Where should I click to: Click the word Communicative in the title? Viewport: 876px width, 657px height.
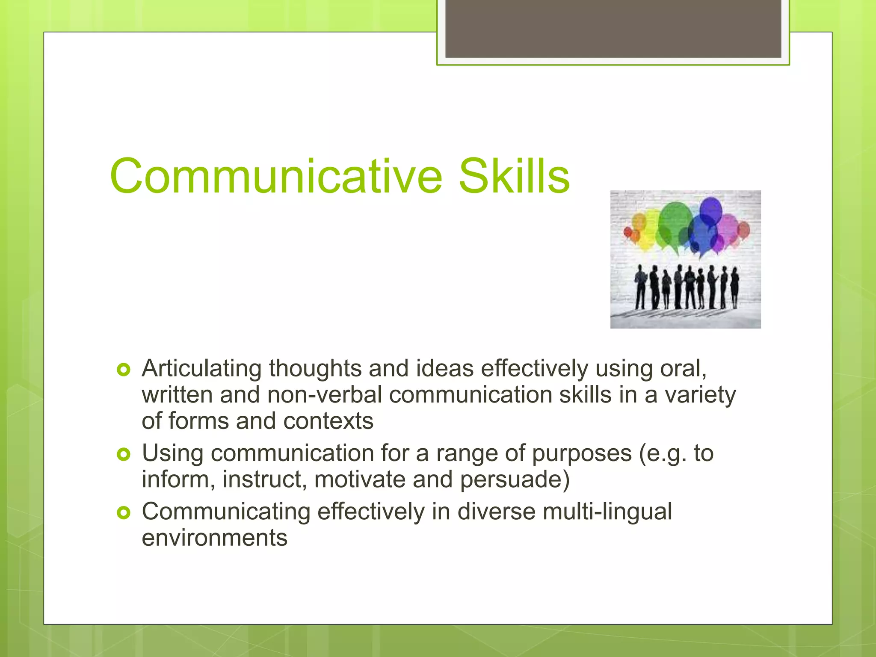[276, 177]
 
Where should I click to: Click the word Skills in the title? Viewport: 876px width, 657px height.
[514, 177]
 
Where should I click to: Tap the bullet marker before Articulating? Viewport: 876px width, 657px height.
[123, 370]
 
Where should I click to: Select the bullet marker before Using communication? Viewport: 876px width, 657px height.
[123, 454]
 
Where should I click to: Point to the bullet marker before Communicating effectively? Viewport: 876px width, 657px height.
[123, 512]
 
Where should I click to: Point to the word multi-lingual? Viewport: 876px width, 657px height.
[607, 512]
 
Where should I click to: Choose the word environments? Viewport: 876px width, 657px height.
[214, 538]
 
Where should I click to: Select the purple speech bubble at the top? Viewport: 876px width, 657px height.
[710, 210]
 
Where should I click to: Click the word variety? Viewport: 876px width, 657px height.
[700, 395]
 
